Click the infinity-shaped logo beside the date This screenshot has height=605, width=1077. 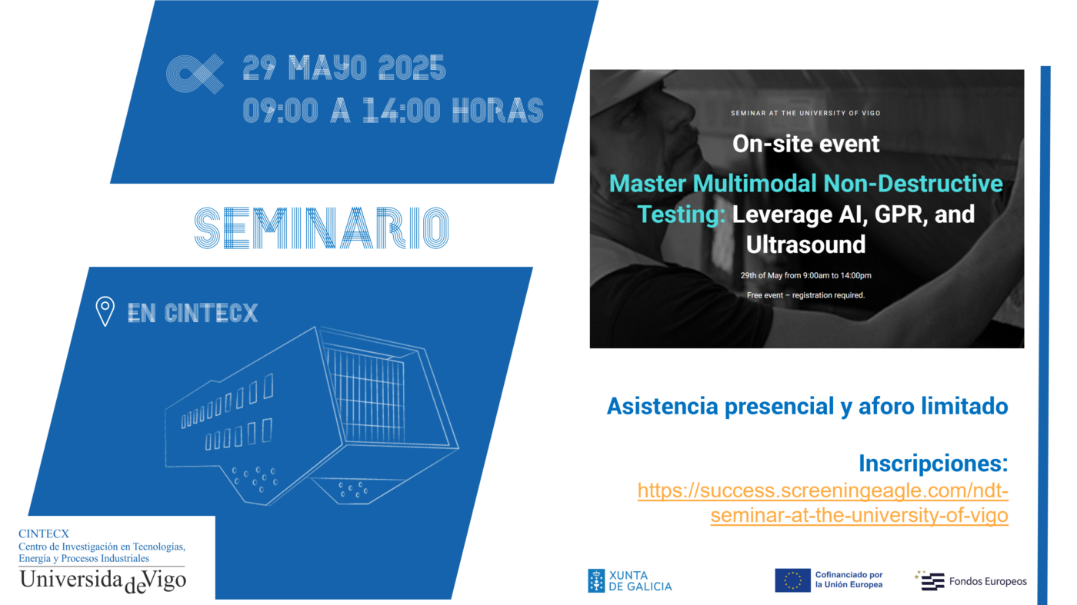(195, 74)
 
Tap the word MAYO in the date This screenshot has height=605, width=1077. (328, 68)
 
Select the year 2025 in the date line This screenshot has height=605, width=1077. (412, 68)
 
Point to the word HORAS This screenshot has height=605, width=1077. (498, 111)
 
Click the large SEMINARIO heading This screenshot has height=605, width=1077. (322, 228)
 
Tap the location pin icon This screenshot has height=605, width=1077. (105, 311)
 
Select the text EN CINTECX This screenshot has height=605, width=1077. (193, 314)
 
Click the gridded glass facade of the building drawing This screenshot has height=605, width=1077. (366, 395)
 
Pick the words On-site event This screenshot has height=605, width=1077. (806, 144)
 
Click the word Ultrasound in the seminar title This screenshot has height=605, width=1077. (806, 244)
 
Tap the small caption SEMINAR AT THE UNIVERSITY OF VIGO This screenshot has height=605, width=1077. (806, 114)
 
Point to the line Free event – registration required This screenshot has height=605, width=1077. (806, 295)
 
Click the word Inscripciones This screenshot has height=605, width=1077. (933, 464)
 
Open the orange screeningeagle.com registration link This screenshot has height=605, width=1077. (823, 503)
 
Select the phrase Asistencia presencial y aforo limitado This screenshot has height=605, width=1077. (808, 406)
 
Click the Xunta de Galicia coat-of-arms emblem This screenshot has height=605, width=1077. (596, 581)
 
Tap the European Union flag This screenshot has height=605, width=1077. (792, 580)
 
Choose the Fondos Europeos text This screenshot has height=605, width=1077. (988, 581)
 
